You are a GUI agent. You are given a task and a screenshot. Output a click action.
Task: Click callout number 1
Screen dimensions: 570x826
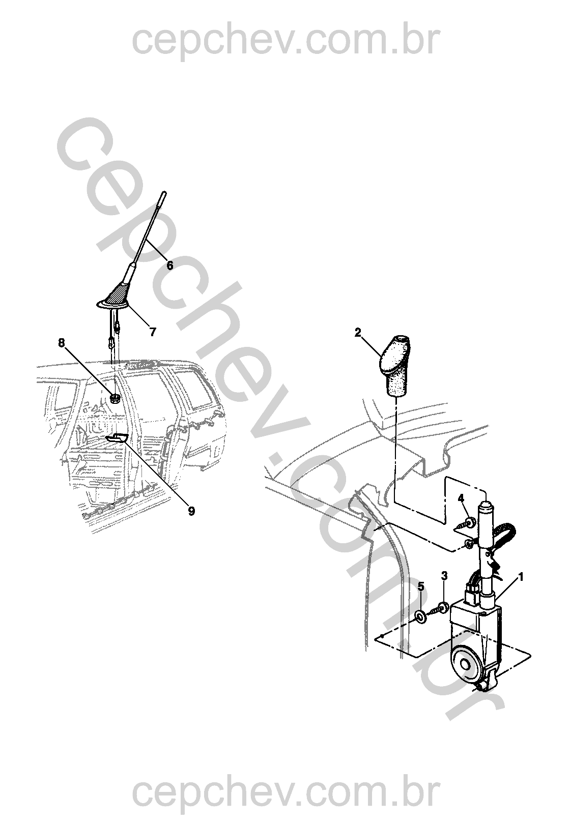521,577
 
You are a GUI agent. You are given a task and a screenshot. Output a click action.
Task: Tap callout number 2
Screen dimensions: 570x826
357,333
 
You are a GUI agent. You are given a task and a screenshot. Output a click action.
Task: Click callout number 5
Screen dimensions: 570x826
421,586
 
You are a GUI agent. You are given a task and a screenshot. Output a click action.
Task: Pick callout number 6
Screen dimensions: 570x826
169,265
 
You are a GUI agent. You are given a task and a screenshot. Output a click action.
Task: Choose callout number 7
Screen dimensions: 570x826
153,332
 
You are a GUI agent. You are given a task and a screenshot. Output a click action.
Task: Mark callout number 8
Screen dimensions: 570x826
61,343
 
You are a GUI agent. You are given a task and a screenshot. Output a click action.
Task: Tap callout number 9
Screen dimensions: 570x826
191,511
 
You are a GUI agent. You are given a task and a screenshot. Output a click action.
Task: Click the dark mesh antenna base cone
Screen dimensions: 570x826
118,294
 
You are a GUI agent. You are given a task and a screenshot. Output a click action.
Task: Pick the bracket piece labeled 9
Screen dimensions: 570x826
116,437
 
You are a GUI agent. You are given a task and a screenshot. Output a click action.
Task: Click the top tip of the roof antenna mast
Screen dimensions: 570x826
164,192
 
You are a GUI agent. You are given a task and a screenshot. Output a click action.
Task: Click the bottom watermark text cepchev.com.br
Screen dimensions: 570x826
286,790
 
